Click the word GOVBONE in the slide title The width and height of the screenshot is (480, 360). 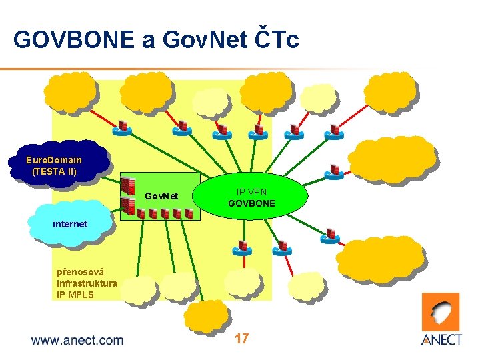(x=73, y=40)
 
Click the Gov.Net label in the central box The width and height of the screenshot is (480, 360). (x=162, y=196)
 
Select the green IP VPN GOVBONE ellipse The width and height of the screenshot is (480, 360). (x=251, y=197)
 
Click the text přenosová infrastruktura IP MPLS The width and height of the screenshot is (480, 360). (x=87, y=283)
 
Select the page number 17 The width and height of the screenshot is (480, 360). (x=241, y=339)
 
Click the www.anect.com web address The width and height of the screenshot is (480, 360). (x=77, y=341)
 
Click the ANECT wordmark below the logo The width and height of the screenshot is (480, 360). (x=442, y=340)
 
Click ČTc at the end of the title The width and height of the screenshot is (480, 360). (x=275, y=40)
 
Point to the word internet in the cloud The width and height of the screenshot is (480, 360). (x=70, y=224)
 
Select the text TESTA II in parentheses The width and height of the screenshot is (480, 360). (x=55, y=171)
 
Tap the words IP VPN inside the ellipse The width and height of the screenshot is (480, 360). (x=252, y=191)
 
